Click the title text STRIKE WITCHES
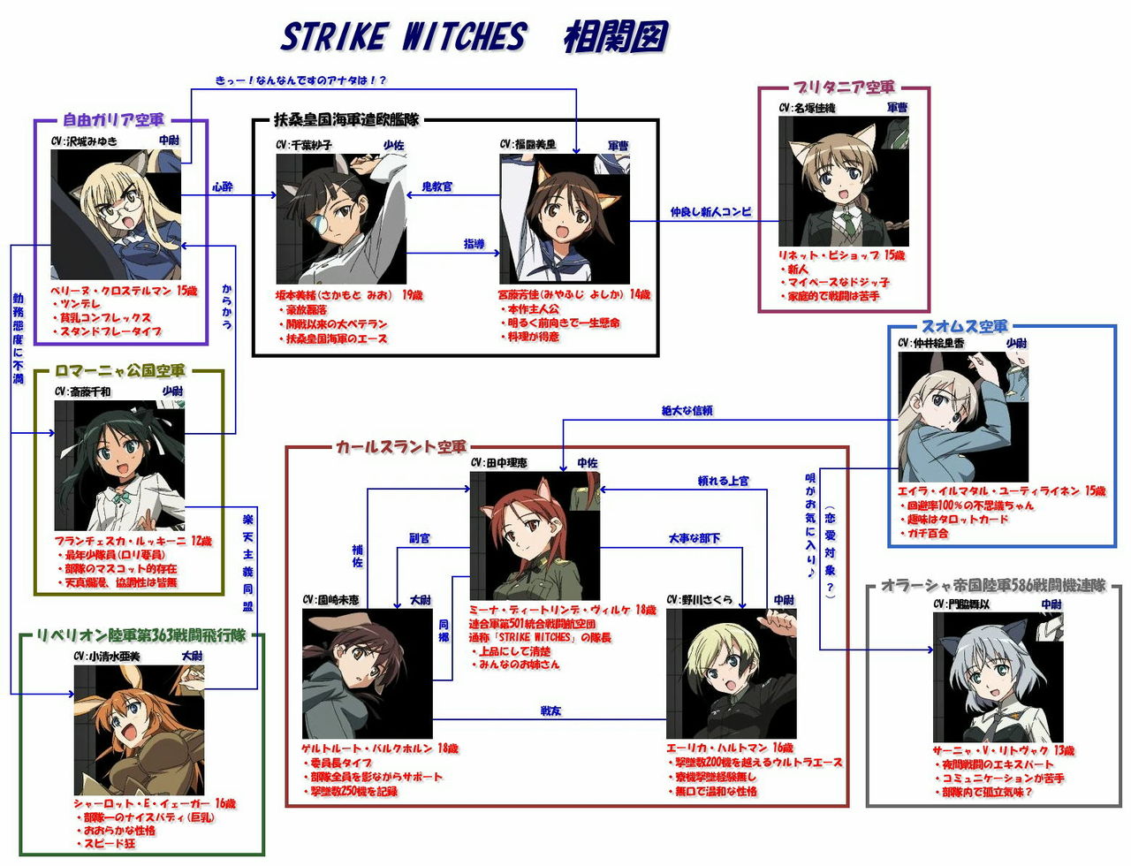tap(403, 37)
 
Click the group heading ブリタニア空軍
tap(843, 87)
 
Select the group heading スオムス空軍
tap(964, 327)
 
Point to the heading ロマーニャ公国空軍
tap(119, 371)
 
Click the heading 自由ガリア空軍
tap(113, 120)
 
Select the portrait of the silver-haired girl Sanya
tap(998, 677)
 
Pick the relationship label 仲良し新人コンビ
tap(710, 212)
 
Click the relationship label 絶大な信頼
tap(687, 411)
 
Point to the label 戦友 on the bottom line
tap(550, 710)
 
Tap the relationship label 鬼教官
tap(436, 186)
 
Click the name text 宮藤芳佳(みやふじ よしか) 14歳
tap(573, 294)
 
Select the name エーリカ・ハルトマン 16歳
tap(730, 748)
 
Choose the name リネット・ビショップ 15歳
tap(841, 255)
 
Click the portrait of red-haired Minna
tap(535, 536)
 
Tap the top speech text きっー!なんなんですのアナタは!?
tap(300, 80)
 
